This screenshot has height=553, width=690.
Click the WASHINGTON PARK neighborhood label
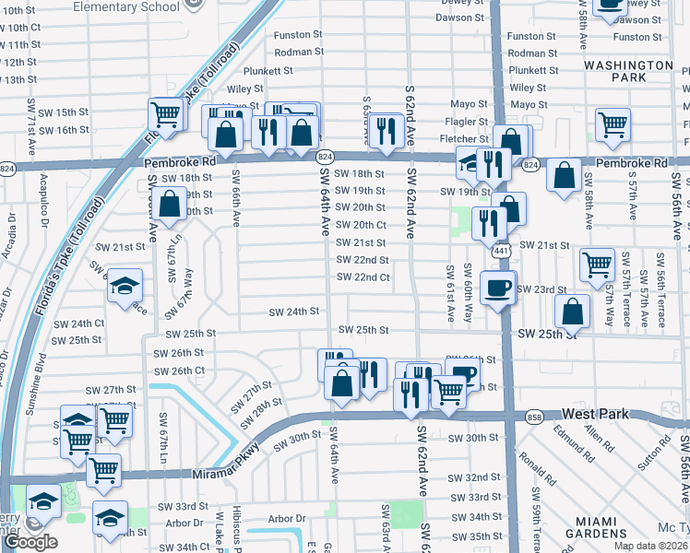tap(628, 72)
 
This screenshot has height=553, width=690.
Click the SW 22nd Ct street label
tap(363, 277)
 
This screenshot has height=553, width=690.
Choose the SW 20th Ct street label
tap(360, 225)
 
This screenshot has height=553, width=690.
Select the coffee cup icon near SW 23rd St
tap(498, 288)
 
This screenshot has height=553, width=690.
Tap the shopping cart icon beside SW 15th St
tap(166, 116)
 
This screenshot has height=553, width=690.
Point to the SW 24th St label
tap(292, 312)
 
